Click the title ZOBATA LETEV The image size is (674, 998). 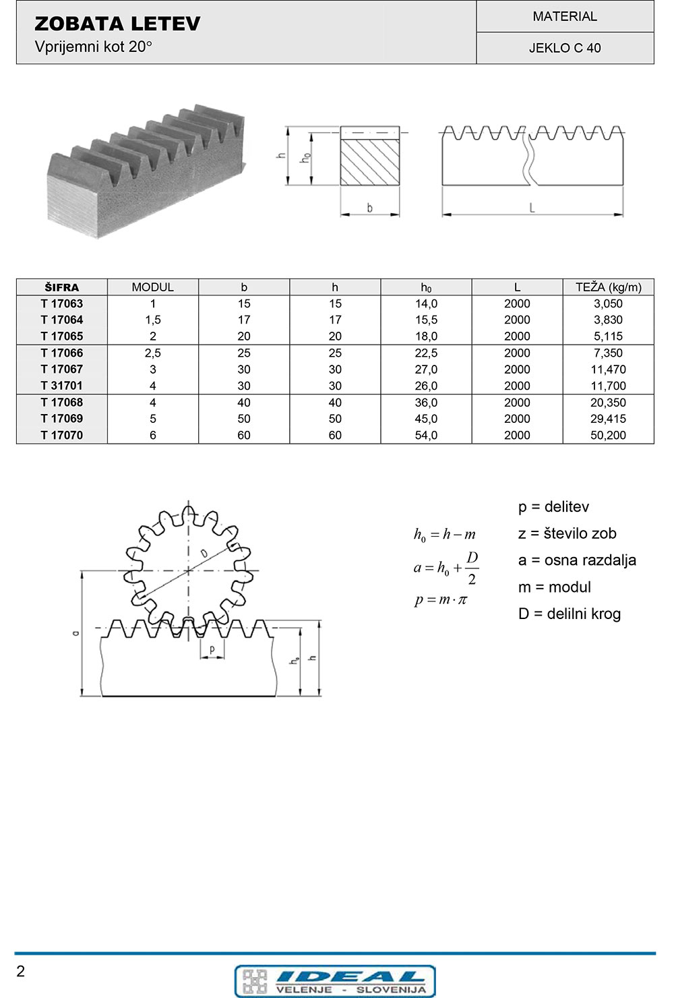tap(117, 24)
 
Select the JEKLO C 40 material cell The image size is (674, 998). tap(565, 48)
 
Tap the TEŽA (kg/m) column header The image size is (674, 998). tap(608, 287)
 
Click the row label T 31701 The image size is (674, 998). tap(61, 386)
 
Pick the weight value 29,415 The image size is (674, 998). tap(608, 419)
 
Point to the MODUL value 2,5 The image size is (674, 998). tap(153, 353)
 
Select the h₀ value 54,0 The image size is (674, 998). tap(426, 436)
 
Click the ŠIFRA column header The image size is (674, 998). tap(61, 287)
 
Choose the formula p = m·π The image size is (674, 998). tap(441, 599)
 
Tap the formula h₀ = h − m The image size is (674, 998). tap(444, 535)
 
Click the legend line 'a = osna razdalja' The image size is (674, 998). tap(577, 560)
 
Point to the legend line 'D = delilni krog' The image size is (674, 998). tap(570, 614)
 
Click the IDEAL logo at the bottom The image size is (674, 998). tap(335, 980)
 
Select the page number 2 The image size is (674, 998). tap(20, 971)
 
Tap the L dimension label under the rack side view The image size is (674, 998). tap(532, 208)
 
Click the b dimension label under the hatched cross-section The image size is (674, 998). tap(369, 208)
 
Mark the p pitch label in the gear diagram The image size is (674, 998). tap(212, 649)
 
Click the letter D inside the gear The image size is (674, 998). tap(203, 554)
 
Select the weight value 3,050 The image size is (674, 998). tap(608, 304)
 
